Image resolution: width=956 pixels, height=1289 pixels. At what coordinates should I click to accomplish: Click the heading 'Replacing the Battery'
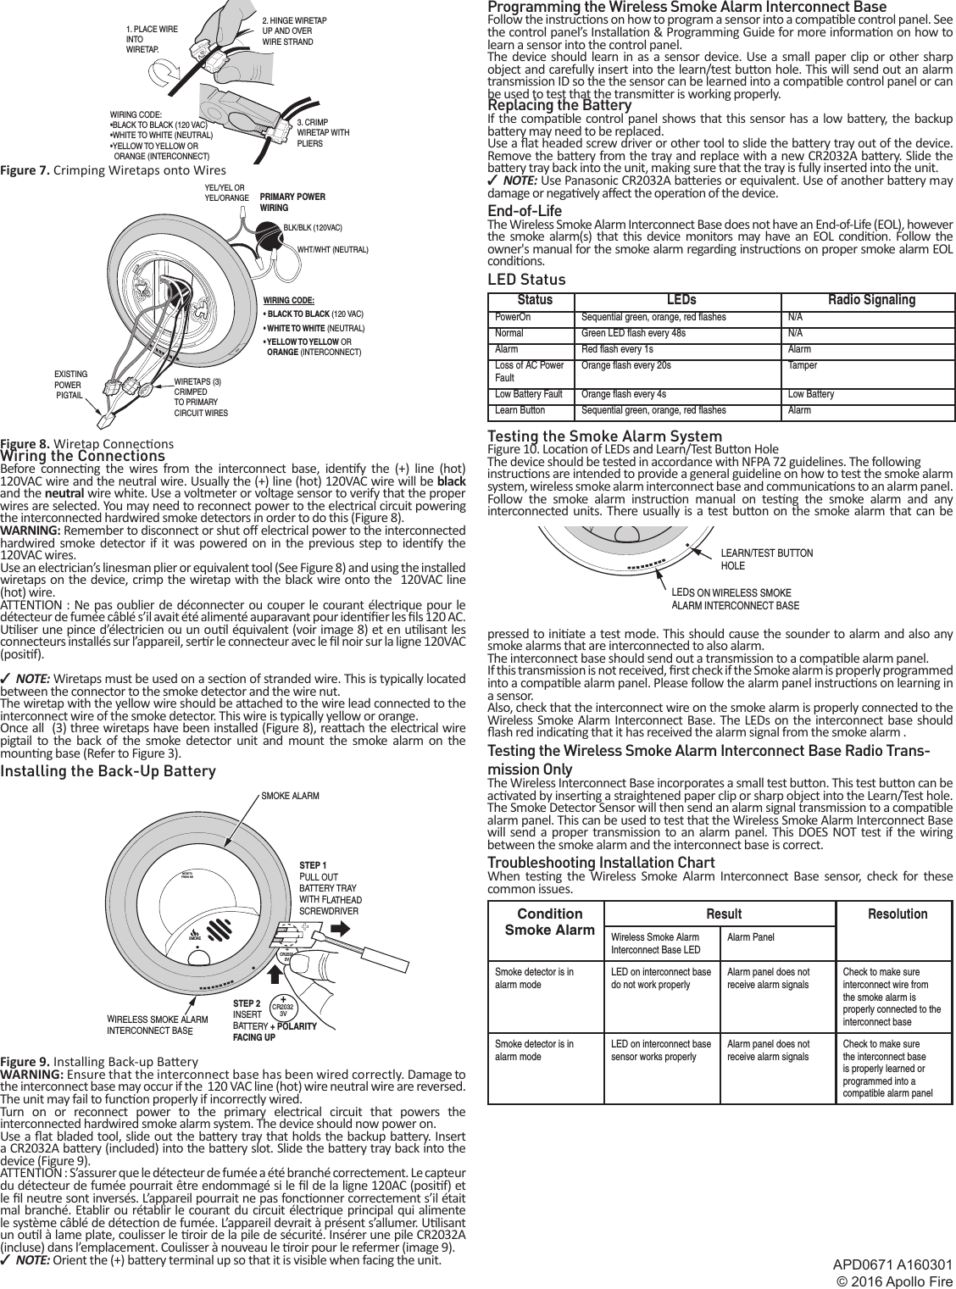click(559, 106)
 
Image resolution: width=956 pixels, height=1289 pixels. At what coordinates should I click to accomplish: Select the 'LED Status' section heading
click(526, 280)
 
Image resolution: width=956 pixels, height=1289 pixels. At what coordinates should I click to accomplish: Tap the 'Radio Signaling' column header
click(870, 300)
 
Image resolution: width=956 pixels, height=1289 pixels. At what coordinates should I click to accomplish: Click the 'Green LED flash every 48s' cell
click(633, 333)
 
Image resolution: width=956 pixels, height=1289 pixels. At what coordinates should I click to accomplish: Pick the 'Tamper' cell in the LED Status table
click(799, 366)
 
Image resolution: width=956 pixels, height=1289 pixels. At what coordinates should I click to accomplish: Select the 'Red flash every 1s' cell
click(617, 349)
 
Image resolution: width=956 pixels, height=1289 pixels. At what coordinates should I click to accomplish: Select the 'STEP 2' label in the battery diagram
click(247, 1003)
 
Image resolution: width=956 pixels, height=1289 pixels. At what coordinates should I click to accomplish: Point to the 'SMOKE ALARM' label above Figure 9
click(290, 797)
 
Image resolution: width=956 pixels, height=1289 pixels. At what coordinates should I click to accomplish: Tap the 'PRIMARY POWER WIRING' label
click(292, 202)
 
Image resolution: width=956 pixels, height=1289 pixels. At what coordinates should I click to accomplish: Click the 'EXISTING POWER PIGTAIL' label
click(69, 384)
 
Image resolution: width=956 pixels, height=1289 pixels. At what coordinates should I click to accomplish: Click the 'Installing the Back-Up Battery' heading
click(108, 771)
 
